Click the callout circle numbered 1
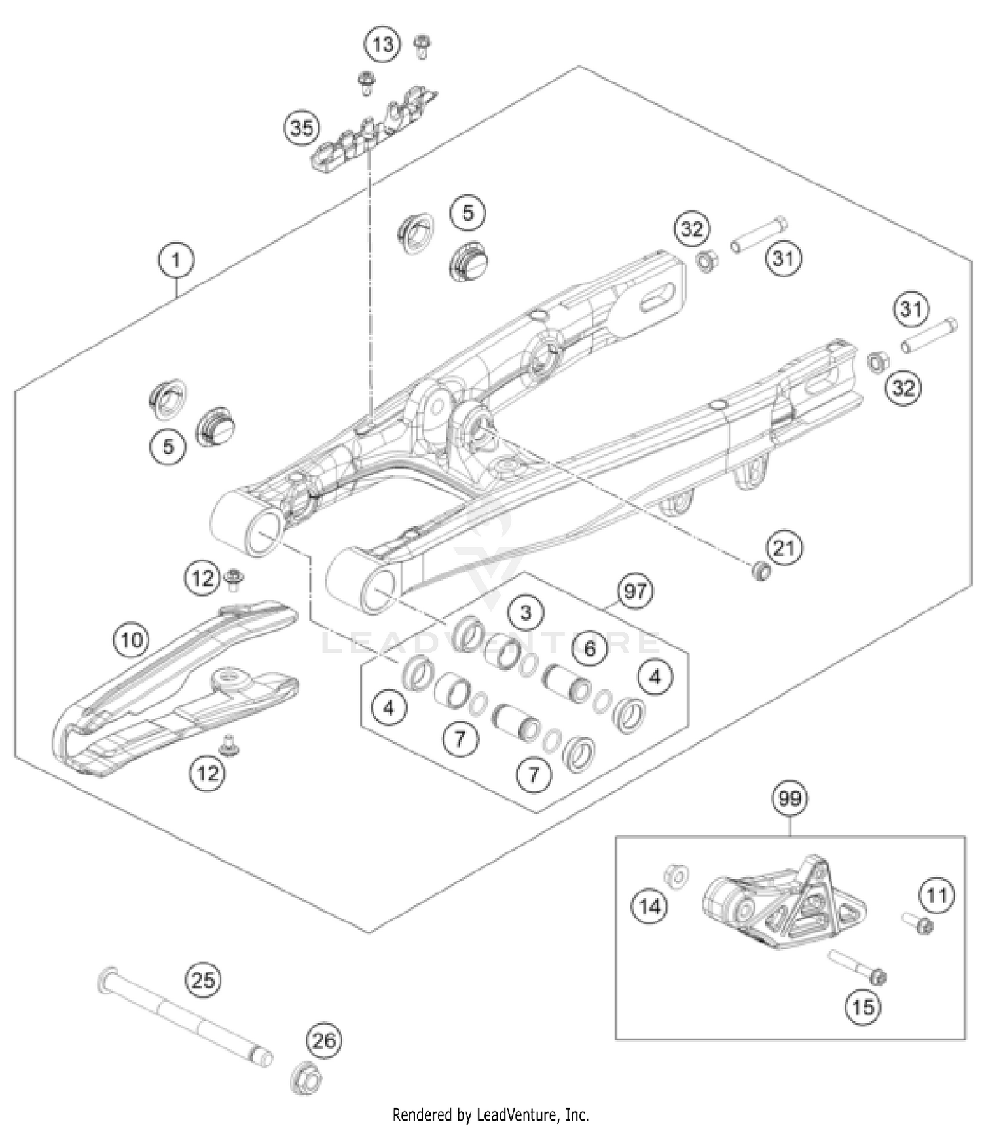[176, 261]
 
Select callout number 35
[302, 128]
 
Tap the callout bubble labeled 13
[383, 45]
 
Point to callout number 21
[784, 547]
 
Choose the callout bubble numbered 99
[790, 799]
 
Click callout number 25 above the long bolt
[203, 980]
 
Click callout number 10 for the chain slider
[132, 639]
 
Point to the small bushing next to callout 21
[760, 572]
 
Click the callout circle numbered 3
[526, 613]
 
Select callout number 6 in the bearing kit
[589, 648]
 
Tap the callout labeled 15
[863, 1006]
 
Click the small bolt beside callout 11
[917, 924]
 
